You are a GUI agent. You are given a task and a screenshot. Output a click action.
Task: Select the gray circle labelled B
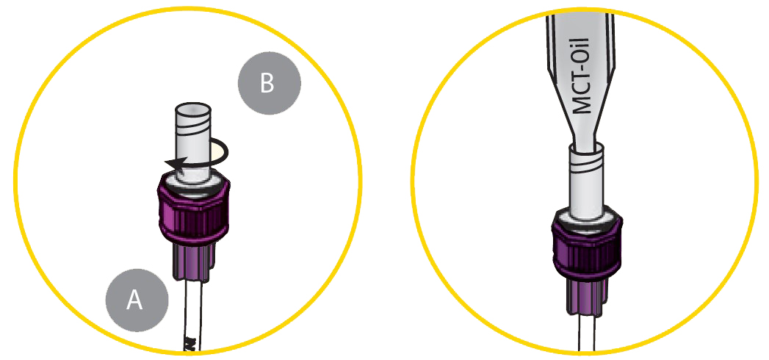coord(269,83)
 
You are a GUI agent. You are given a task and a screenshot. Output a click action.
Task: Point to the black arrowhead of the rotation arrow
coord(174,164)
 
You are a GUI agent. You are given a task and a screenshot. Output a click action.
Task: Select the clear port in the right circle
coord(587,184)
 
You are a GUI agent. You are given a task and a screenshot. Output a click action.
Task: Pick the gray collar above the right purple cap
coord(588,216)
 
